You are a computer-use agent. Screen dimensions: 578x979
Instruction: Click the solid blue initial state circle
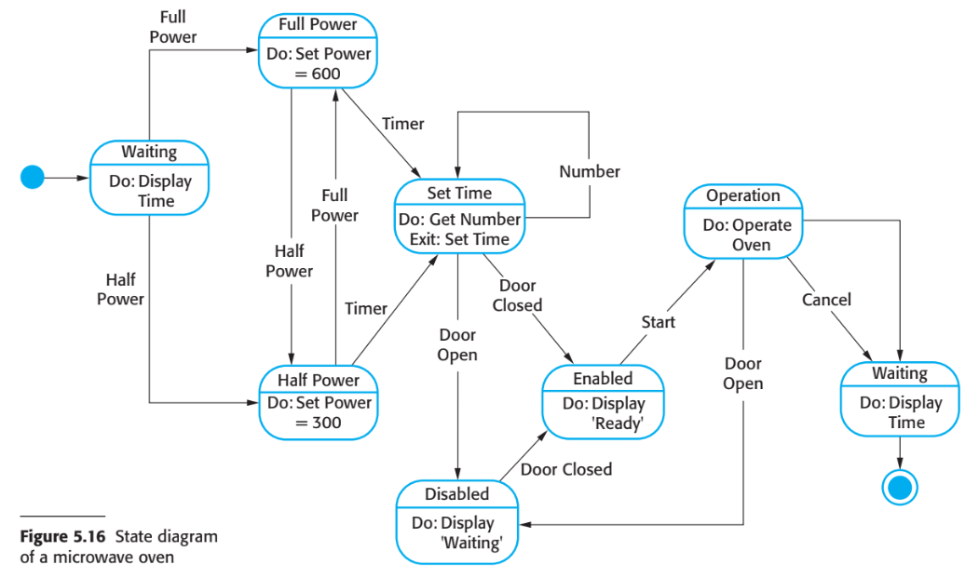33,176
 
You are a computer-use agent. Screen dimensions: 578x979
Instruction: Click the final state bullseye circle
900,487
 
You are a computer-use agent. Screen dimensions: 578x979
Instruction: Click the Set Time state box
459,216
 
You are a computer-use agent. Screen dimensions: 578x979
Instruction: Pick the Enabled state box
603,401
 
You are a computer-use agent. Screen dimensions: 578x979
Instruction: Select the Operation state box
743,221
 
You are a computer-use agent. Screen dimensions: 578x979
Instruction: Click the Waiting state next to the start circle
149,176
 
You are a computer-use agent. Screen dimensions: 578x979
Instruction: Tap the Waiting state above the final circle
900,398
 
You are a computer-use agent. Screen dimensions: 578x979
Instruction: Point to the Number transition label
590,171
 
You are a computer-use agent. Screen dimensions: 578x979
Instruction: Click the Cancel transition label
826,300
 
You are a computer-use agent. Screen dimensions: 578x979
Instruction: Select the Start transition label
658,322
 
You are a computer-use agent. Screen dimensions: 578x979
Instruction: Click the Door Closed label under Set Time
518,295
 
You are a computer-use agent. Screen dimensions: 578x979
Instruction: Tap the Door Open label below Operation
743,373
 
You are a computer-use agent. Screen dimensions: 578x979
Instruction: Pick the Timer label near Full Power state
402,124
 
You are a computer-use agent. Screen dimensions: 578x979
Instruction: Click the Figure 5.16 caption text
118,546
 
